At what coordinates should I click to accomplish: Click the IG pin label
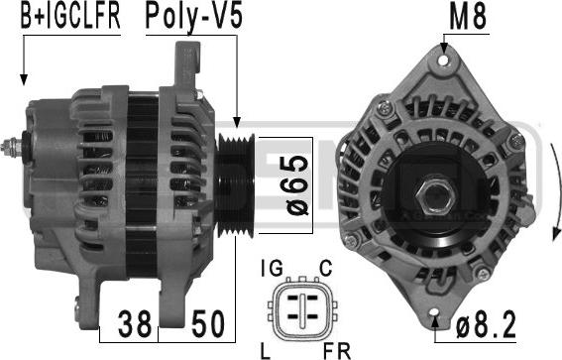click(x=270, y=269)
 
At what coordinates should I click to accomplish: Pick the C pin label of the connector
click(x=326, y=269)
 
